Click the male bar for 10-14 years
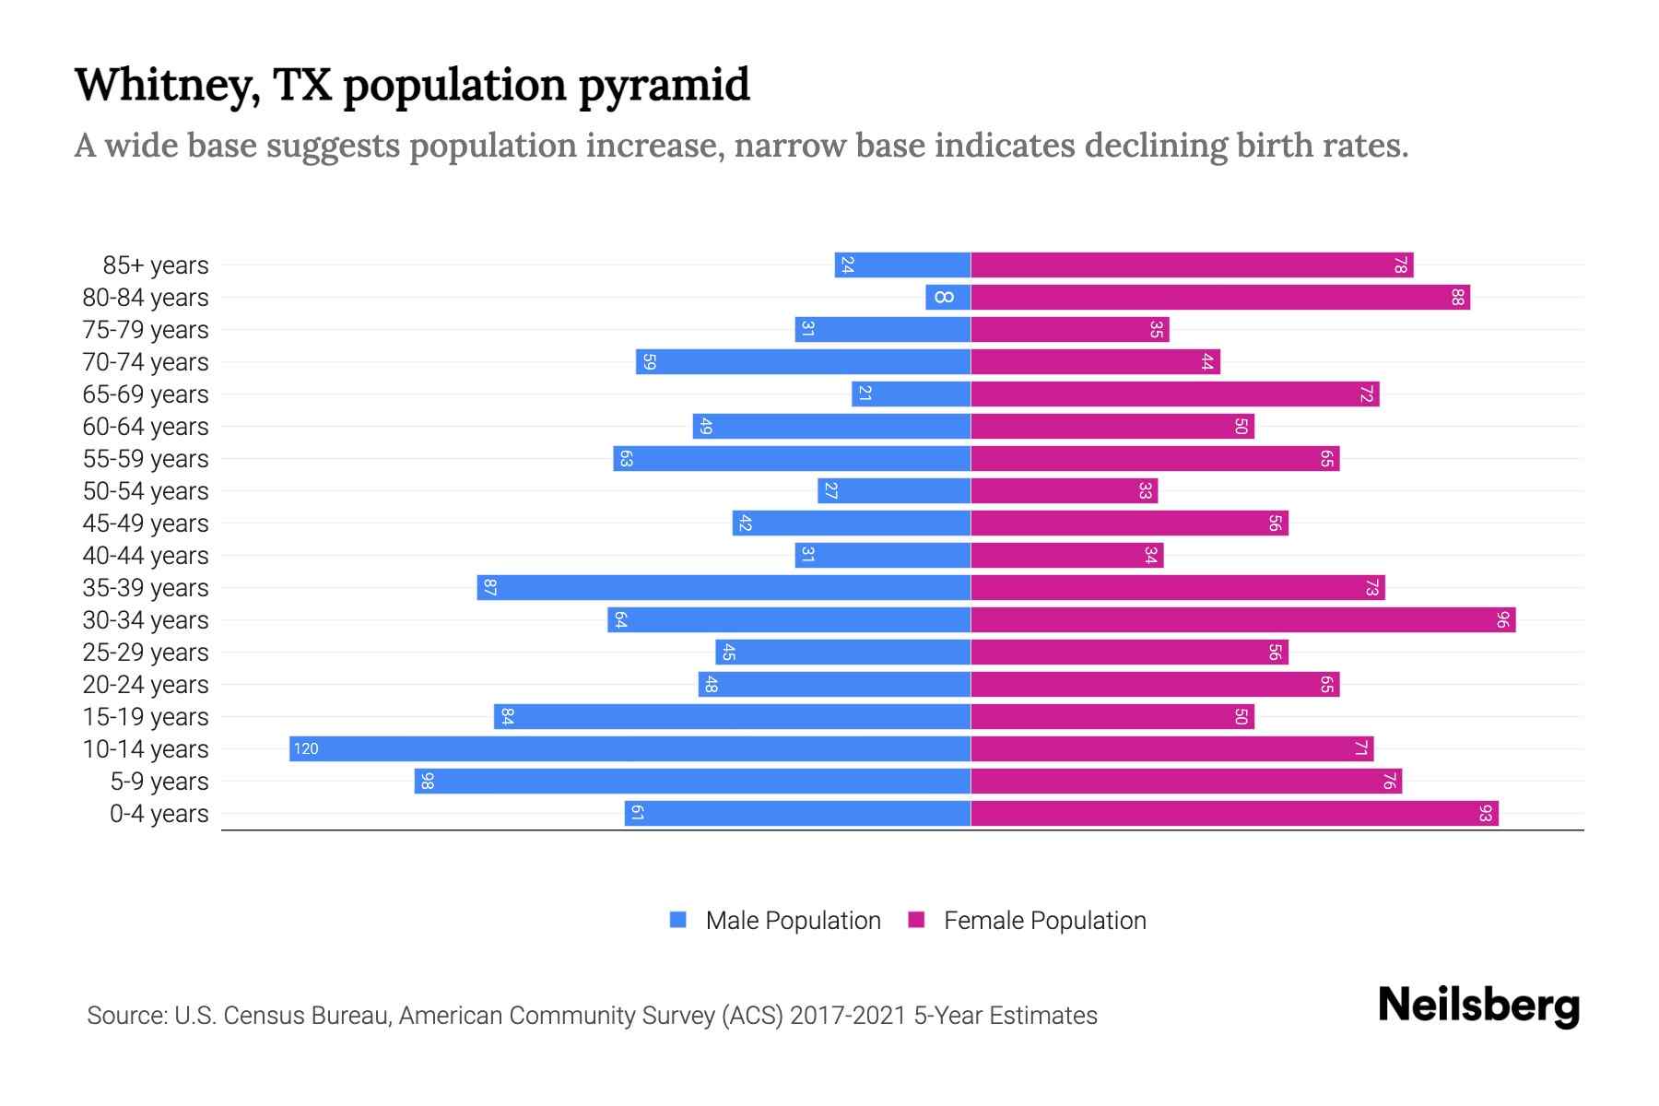tap(629, 748)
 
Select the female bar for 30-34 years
tap(1242, 619)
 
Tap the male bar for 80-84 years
tap(947, 297)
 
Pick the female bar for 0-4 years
tap(1234, 813)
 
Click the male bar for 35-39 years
tap(724, 587)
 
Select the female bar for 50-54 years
tap(1064, 490)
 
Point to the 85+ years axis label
tap(156, 265)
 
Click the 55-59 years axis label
tap(146, 459)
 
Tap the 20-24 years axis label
tap(146, 685)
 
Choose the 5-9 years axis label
tap(159, 782)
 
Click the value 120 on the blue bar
tap(306, 748)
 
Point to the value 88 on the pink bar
tap(1457, 297)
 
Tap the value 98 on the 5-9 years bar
tap(427, 781)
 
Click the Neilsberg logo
tap(1478, 1006)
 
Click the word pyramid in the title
tap(664, 86)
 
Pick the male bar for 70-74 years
tap(803, 361)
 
